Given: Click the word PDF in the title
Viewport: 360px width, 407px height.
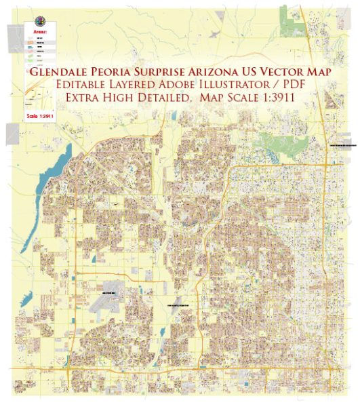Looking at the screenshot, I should click(x=285, y=85).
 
